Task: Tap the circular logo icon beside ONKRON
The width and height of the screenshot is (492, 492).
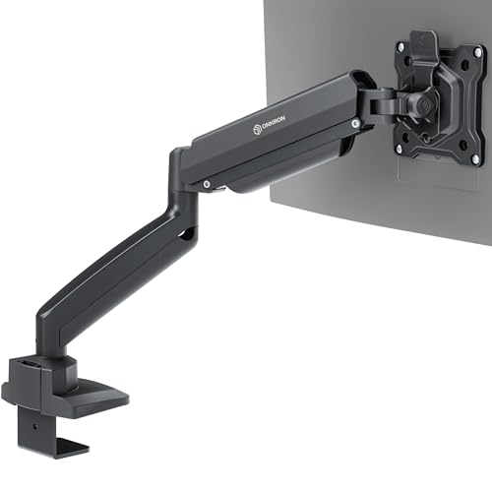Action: coord(257,130)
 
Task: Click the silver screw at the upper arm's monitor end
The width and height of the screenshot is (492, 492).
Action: coord(354,124)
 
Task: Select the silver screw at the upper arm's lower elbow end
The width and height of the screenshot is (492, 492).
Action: coord(207,184)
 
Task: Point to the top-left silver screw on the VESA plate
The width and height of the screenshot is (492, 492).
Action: coord(400,47)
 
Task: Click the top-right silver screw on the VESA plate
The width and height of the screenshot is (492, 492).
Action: coord(477,51)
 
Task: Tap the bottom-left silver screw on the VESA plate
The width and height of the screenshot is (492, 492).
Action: coord(400,150)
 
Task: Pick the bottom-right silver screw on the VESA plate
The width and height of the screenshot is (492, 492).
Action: coord(475,159)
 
